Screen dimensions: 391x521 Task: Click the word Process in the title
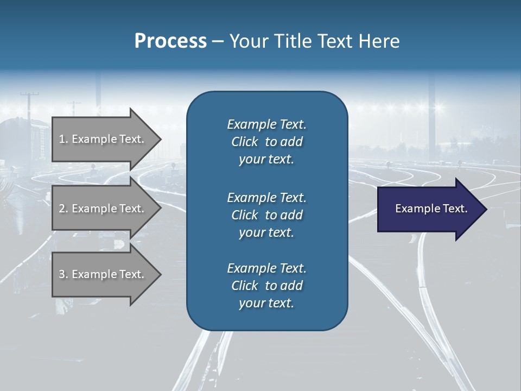[170, 41]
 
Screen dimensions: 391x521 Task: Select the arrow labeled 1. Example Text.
[103, 139]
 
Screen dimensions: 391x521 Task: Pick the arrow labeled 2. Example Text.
[103, 209]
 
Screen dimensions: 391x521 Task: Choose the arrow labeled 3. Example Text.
[103, 274]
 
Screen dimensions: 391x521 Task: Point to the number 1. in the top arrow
[63, 139]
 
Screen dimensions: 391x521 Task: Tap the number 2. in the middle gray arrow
[63, 209]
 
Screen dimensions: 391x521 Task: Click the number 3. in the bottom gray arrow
[63, 274]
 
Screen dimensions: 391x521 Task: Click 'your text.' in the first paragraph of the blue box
[266, 160]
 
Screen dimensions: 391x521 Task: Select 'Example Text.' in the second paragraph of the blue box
[266, 198]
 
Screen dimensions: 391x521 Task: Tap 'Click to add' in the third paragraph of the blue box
[266, 286]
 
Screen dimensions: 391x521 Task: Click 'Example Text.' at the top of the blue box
[266, 124]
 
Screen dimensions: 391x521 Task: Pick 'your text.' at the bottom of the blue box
[266, 304]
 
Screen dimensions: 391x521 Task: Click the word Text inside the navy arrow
[453, 209]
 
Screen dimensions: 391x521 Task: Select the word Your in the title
[248, 41]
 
